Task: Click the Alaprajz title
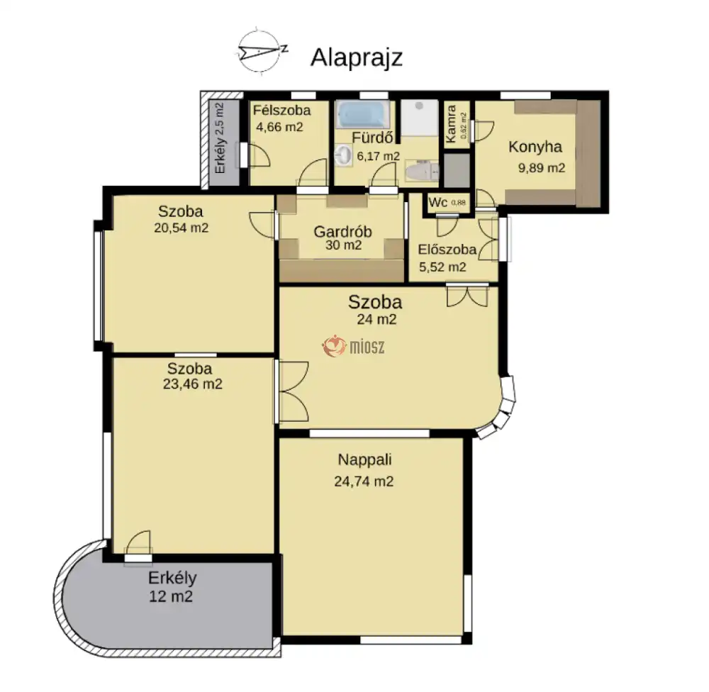pos(357,57)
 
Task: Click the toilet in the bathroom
pos(422,172)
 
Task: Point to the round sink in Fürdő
pos(344,156)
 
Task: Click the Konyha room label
pos(535,147)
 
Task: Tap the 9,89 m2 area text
pos(541,168)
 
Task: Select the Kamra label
pos(451,124)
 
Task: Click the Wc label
pos(437,202)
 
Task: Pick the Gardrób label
pos(342,232)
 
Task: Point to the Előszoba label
pos(447,249)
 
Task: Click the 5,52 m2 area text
pos(442,267)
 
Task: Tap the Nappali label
pos(364,459)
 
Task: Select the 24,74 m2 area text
pos(364,481)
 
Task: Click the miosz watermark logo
pos(353,347)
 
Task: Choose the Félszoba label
pos(281,111)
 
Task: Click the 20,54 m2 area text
pos(181,228)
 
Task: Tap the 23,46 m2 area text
pos(192,384)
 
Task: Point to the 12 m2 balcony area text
pos(171,596)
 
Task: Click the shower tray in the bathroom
pos(419,118)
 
